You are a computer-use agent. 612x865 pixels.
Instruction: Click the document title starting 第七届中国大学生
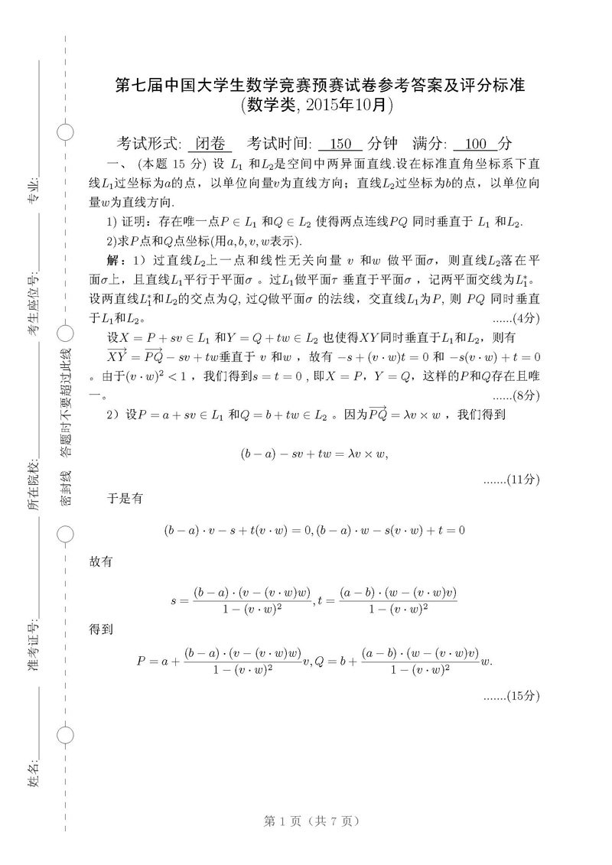316,84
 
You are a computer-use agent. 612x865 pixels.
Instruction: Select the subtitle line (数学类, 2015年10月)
316,106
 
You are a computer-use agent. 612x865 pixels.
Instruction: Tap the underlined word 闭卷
210,143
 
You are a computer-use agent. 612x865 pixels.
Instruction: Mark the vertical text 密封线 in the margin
67,487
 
